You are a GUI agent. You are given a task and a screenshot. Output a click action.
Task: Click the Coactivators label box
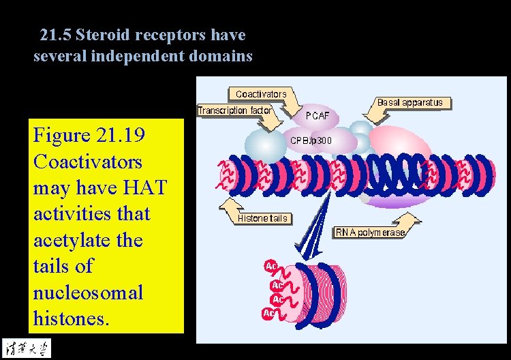(261, 93)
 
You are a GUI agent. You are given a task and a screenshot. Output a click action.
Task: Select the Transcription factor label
(235, 110)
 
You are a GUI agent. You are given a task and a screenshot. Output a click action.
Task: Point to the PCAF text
(317, 116)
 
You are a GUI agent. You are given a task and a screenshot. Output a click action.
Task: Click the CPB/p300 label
(312, 140)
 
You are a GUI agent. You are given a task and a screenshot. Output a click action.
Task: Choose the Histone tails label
(263, 218)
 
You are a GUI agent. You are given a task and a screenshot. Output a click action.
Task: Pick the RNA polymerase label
(370, 232)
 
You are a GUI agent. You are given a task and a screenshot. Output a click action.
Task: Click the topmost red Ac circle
(270, 266)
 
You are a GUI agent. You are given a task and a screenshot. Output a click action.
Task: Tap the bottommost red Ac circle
(269, 314)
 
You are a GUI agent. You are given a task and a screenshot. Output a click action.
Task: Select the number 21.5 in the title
(54, 35)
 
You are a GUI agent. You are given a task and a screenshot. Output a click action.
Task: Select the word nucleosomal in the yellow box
(88, 292)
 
